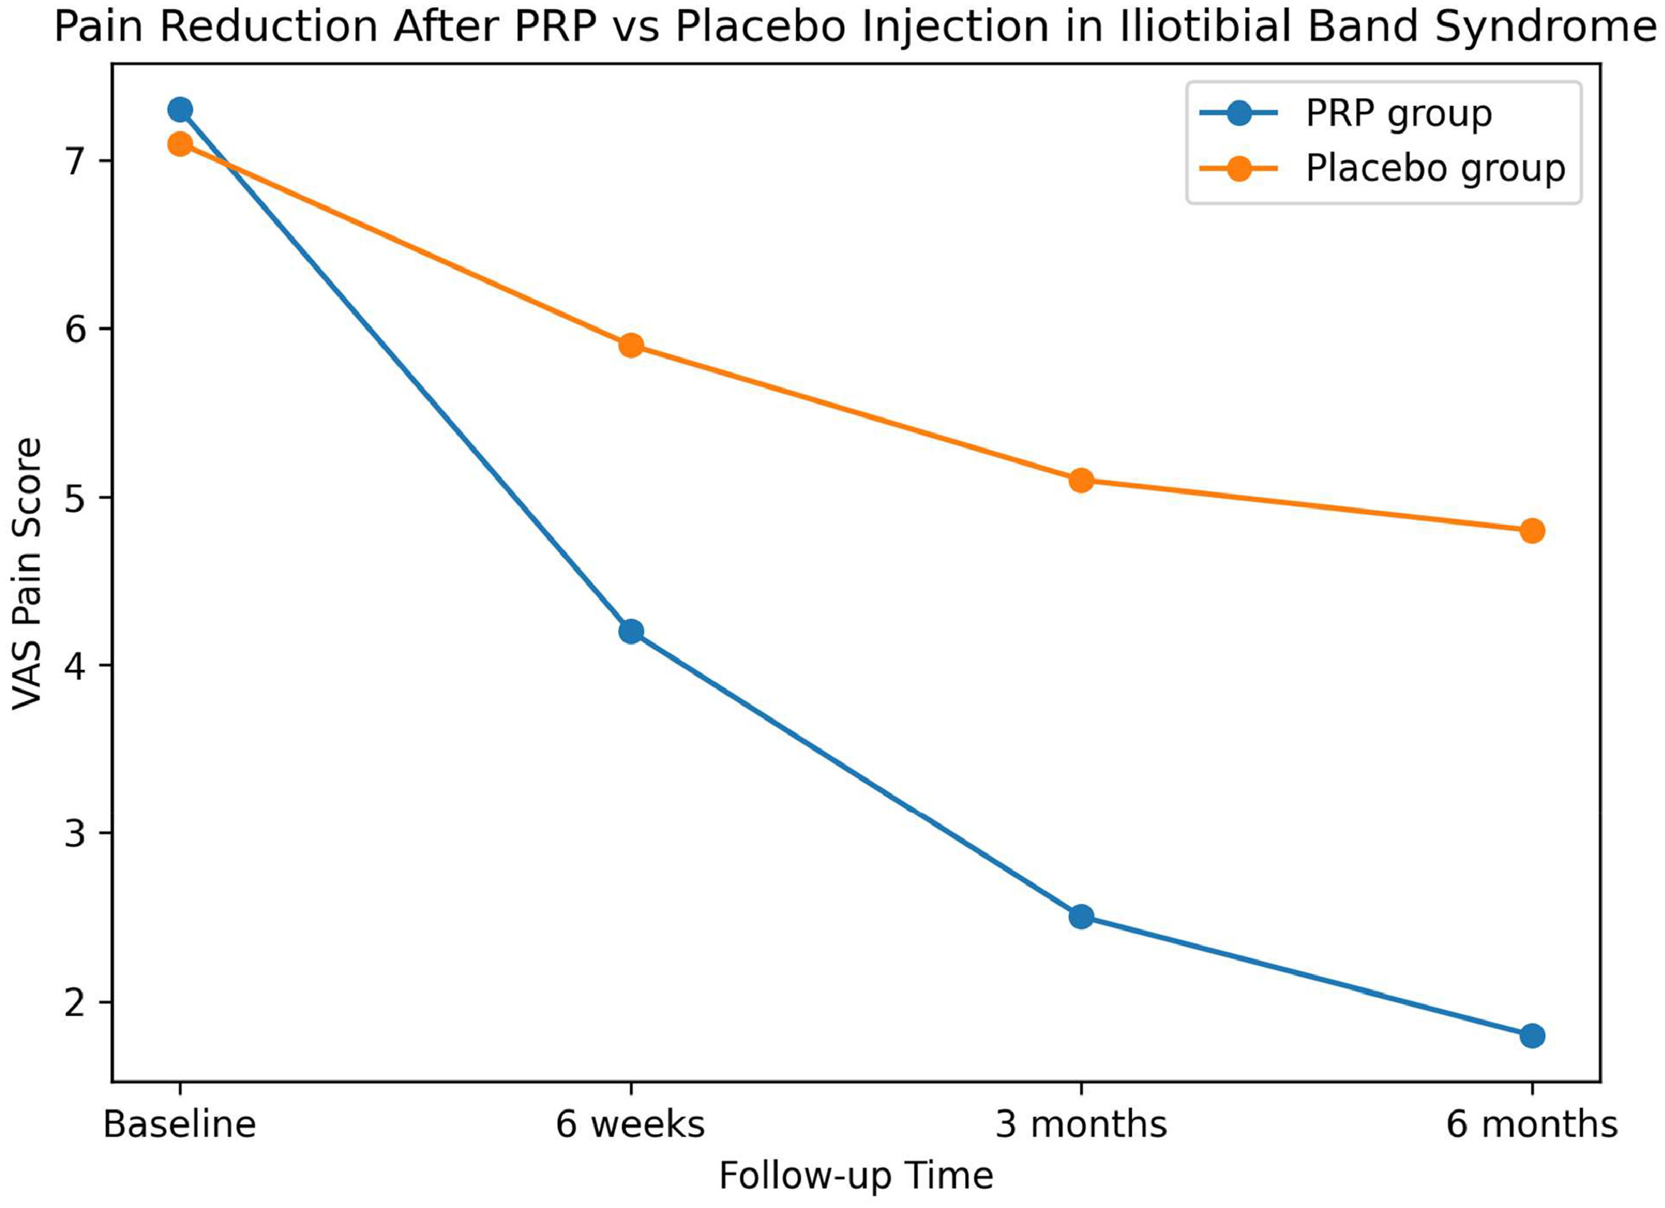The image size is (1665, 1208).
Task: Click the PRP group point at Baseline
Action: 180,110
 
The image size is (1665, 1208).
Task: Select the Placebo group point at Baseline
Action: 180,144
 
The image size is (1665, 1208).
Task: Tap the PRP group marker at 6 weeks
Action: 631,631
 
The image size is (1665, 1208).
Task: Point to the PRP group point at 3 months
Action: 1081,917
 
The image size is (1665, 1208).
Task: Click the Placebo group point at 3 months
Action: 1081,481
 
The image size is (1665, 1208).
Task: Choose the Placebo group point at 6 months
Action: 1532,531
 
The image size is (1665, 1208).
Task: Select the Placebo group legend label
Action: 1435,170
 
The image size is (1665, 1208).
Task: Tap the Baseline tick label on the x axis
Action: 180,1124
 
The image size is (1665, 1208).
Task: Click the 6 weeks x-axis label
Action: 631,1124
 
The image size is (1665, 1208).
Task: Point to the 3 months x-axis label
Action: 1081,1124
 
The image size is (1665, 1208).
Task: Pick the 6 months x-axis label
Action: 1532,1124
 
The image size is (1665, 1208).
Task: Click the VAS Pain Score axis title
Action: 27,574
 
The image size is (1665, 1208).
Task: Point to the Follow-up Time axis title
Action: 856,1175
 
